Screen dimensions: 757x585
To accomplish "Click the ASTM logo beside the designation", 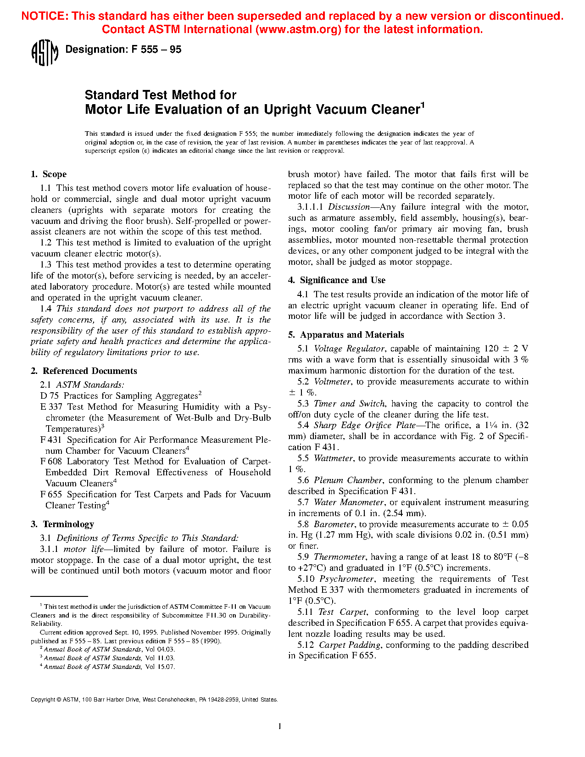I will click(45, 52).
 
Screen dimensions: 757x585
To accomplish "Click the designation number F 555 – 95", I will click(156, 50).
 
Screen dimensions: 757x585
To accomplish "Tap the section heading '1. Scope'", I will click(49, 174).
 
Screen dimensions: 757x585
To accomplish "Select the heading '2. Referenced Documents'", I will click(84, 371).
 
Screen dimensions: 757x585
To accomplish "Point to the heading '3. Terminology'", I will click(62, 524).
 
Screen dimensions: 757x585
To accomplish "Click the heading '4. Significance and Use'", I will click(337, 280).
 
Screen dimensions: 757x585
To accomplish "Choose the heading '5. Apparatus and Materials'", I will click(346, 335).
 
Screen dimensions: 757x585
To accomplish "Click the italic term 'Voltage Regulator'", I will click(349, 349).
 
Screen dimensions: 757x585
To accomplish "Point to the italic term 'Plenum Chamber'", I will click(348, 480).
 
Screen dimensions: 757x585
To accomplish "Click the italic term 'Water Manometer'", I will click(349, 502).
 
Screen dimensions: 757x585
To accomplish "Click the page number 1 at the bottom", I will click(280, 726).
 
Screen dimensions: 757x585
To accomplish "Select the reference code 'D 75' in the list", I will click(50, 396).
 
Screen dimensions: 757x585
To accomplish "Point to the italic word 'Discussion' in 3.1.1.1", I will click(349, 207).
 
